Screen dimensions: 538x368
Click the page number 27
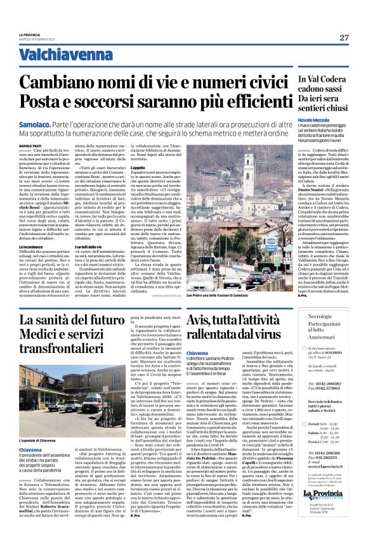343,37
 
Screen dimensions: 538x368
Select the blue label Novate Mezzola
315,118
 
